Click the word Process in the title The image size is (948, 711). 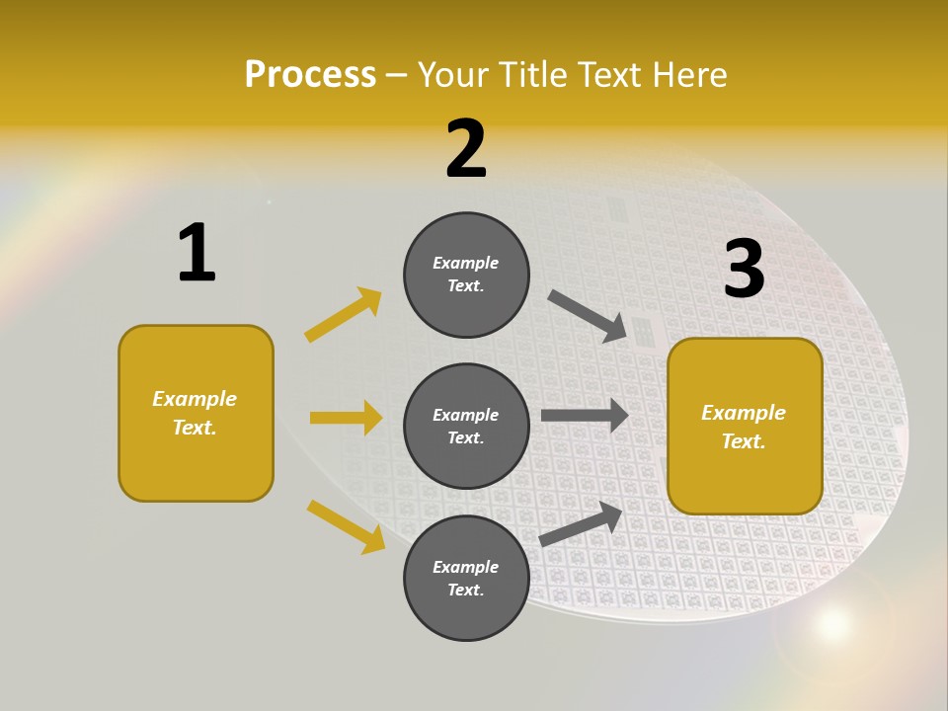coord(310,74)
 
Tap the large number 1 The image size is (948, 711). coord(197,253)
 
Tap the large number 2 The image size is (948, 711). coord(466,149)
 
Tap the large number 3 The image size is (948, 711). coord(744,269)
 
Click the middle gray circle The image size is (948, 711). coord(466,426)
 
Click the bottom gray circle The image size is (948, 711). coord(466,578)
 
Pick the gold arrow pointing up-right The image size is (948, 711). coord(344,315)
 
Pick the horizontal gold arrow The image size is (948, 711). coord(346,418)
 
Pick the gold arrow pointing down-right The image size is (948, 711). coord(346,526)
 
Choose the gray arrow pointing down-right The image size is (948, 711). coord(589,316)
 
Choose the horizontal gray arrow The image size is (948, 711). coord(585,415)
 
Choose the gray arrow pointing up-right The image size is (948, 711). coord(581,524)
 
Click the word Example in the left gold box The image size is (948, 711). coord(195,399)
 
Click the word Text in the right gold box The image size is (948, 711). coord(742,441)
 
